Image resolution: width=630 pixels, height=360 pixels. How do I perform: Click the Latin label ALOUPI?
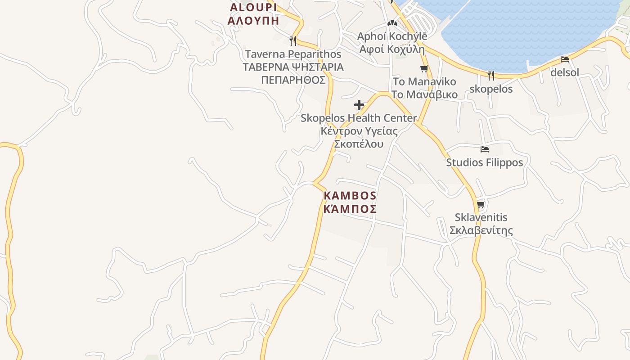[x=253, y=7]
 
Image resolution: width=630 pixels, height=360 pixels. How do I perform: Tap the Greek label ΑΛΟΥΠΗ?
[x=253, y=20]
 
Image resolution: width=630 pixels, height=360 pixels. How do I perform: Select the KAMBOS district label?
[x=350, y=196]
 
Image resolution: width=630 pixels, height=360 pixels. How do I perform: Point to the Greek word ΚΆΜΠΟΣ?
[x=350, y=209]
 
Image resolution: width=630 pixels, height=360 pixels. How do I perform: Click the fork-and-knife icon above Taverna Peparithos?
[x=293, y=41]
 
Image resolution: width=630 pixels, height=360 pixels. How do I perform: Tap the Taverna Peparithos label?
[x=293, y=54]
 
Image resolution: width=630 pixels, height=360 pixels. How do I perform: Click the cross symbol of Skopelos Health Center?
[x=359, y=105]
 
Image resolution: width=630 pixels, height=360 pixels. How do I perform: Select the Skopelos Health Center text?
[x=359, y=118]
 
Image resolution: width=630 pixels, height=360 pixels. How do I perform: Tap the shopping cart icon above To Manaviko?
[x=424, y=69]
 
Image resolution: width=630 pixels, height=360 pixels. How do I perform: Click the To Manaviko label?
[x=424, y=82]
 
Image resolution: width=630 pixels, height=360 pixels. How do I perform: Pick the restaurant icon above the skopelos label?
[x=491, y=75]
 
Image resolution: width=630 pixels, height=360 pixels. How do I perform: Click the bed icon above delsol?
[x=565, y=59]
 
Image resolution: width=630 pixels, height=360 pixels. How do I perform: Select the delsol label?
[x=565, y=72]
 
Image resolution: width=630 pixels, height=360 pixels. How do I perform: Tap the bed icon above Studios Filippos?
[x=485, y=149]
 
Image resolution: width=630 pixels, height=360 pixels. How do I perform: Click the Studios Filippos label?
[x=485, y=162]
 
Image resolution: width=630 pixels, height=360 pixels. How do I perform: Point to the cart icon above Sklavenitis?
[x=481, y=205]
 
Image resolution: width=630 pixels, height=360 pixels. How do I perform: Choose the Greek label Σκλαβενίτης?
[x=481, y=231]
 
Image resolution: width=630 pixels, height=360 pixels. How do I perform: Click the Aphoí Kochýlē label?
[x=392, y=36]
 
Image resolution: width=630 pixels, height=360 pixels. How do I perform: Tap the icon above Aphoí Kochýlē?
[x=392, y=23]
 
